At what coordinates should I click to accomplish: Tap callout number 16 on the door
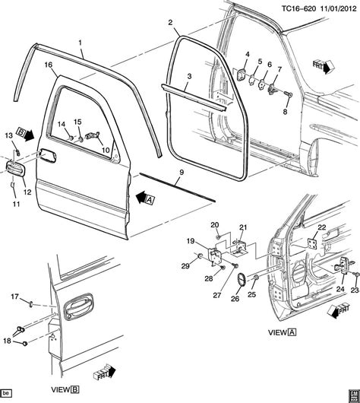click(x=49, y=66)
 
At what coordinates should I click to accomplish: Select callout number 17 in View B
click(x=14, y=296)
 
